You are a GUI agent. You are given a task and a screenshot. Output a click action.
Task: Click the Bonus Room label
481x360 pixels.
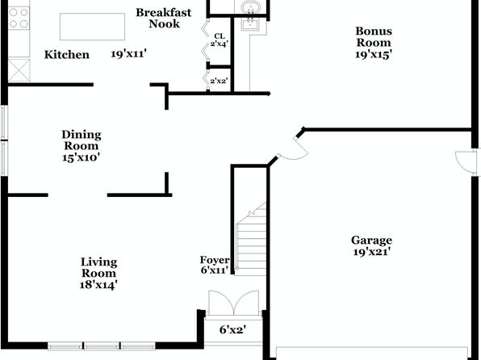point(374,37)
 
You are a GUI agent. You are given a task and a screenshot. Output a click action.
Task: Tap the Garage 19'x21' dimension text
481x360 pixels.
point(371,253)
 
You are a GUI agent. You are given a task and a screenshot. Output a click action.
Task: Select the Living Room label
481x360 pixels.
point(98,268)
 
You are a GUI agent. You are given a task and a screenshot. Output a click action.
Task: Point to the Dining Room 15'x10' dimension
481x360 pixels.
point(82,157)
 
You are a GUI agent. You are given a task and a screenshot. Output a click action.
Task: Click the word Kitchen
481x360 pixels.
point(67,55)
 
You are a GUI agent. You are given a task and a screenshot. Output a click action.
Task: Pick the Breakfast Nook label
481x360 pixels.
point(164,18)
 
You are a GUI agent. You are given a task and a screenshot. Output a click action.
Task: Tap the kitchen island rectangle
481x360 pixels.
point(92,27)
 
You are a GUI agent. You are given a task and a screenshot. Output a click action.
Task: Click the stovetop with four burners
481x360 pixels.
point(19,19)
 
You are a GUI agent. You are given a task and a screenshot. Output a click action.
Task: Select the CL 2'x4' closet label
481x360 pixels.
point(219,40)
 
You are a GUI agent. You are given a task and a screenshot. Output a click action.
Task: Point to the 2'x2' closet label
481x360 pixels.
point(219,81)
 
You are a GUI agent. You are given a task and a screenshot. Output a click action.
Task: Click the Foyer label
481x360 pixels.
point(215,260)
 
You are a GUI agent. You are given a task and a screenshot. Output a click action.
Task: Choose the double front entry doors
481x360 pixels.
point(234,303)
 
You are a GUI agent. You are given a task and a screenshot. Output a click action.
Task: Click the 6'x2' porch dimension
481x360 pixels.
point(232,330)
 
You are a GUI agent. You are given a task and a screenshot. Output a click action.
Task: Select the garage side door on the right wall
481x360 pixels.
point(465,163)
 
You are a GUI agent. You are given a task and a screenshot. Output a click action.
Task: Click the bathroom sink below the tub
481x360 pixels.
point(250,24)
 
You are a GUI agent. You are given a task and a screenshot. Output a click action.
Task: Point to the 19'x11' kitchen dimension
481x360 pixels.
point(128,54)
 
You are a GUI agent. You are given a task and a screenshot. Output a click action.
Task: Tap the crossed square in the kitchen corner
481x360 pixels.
point(19,70)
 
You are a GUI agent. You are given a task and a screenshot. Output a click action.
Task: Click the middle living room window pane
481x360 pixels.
point(102,346)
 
